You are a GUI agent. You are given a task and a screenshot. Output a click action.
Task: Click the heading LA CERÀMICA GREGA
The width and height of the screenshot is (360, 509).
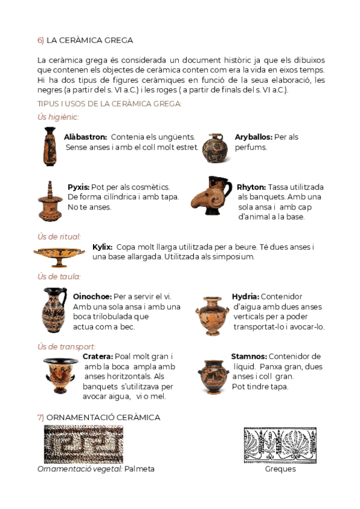89,40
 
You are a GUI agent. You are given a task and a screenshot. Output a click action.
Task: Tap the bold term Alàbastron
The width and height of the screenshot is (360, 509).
85,137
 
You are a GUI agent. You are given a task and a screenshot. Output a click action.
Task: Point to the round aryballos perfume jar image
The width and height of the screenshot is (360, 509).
214,148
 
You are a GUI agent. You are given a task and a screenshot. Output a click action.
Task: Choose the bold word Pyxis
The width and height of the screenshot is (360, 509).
78,187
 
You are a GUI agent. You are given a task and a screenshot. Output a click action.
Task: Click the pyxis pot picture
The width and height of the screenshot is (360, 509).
49,201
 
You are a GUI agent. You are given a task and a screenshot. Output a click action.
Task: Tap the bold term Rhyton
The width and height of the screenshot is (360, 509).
251,187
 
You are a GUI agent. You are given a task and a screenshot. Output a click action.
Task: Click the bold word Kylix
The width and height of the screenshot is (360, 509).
102,247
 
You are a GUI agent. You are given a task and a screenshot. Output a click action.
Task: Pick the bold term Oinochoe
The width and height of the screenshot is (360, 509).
91,296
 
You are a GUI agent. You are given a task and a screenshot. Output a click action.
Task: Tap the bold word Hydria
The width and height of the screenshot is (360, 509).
245,296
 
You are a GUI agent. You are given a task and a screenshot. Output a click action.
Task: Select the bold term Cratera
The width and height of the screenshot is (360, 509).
97,357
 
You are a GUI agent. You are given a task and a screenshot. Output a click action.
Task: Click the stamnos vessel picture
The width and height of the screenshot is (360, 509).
212,376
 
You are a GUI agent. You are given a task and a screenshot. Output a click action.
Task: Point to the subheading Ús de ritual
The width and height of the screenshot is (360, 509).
59,236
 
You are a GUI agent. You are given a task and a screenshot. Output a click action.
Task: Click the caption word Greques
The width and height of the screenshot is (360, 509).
280,469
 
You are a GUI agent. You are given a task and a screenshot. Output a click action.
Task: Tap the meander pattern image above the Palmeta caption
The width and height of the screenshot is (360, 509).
83,444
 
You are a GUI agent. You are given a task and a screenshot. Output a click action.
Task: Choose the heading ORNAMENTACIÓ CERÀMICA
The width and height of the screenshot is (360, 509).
103,417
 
